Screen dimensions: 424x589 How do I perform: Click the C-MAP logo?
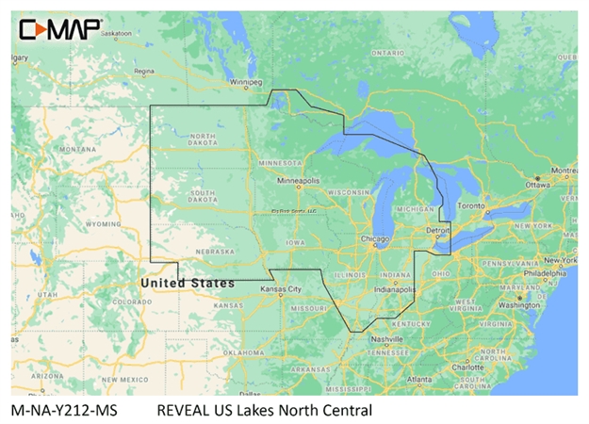(58, 29)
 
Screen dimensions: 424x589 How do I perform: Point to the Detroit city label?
(437, 230)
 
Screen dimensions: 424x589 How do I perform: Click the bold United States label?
(188, 283)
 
